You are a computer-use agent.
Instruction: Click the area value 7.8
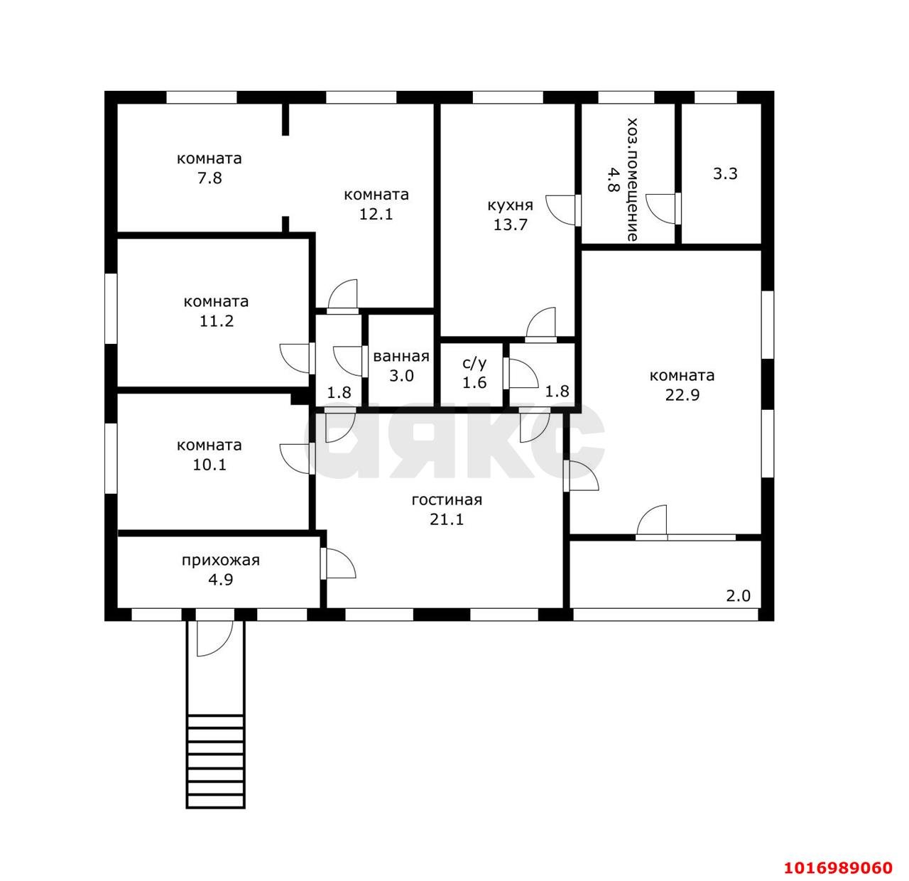[x=209, y=178]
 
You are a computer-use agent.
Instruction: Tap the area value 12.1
[x=376, y=214]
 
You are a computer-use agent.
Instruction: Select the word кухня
[x=510, y=205]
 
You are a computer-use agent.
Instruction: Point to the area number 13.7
[x=511, y=225]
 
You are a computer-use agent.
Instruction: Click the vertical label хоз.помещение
[x=632, y=180]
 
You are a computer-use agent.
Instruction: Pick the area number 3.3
[x=725, y=174]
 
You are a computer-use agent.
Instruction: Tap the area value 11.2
[x=217, y=321]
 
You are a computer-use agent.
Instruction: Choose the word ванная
[x=401, y=356]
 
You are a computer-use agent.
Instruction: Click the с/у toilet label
[x=474, y=362]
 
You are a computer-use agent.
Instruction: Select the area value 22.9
[x=682, y=395]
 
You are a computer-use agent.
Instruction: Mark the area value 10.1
[x=209, y=465]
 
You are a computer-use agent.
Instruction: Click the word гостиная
[x=447, y=500]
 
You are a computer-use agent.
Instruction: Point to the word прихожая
[x=220, y=561]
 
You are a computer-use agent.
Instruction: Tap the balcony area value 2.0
[x=738, y=596]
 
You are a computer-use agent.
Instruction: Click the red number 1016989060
[x=838, y=868]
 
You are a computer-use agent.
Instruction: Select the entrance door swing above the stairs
[x=214, y=639]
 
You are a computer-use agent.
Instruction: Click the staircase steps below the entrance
[x=215, y=761]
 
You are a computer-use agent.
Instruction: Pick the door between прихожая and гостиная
[x=338, y=564]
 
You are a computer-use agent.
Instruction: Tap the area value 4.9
[x=220, y=580]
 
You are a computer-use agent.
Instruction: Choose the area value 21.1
[x=447, y=519]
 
